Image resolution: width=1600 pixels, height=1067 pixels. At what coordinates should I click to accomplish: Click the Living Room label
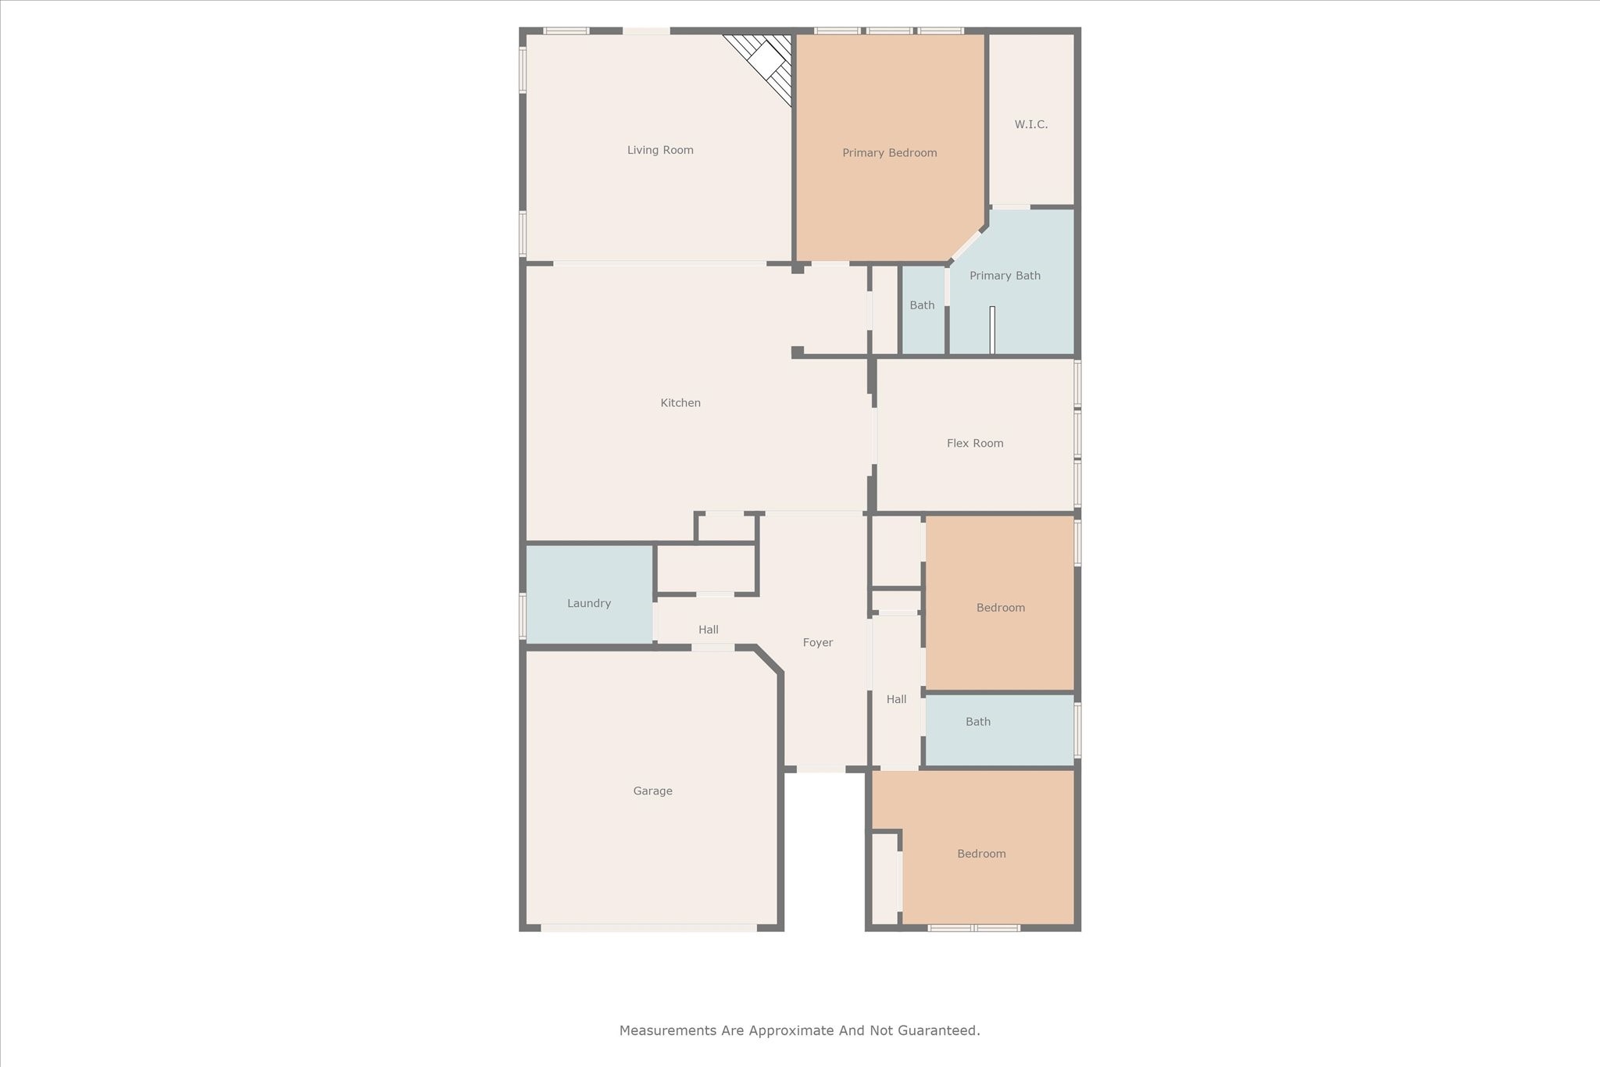660,150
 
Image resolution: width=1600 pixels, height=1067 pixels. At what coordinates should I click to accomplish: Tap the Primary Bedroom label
889,153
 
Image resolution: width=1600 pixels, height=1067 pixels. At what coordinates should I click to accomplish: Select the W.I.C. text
1031,124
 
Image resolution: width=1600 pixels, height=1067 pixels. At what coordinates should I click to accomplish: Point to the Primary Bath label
1005,276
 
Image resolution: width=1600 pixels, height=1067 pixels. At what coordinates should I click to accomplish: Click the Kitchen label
680,403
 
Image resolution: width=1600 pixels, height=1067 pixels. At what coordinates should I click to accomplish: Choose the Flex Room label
975,443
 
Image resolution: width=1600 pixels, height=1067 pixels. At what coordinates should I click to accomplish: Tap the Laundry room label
589,603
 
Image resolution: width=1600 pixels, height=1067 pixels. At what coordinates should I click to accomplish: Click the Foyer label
818,643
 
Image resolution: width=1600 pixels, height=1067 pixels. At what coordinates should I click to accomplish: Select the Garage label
652,791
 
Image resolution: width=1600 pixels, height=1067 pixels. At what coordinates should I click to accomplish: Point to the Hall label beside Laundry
709,630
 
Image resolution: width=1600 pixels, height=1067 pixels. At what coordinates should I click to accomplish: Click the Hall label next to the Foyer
896,699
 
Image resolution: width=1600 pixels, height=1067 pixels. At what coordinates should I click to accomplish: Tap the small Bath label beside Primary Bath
922,305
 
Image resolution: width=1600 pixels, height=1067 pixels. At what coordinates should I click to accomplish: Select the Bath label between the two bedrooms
978,722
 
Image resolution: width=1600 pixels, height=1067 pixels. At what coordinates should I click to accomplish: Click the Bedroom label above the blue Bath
1001,608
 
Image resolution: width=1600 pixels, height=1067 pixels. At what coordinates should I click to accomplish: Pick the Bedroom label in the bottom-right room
981,854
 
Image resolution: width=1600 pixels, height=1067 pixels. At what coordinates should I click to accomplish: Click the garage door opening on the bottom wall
648,928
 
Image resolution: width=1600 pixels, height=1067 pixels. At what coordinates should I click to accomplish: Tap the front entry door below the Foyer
820,769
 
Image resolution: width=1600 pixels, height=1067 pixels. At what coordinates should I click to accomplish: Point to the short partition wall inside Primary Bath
992,330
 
